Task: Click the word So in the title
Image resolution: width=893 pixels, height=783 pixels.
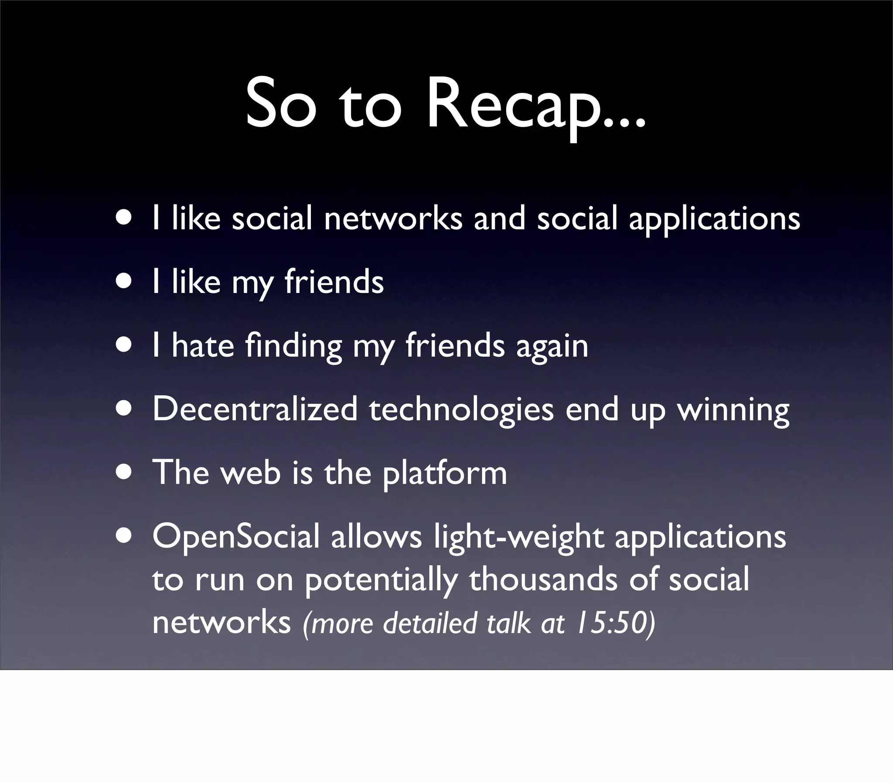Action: (280, 105)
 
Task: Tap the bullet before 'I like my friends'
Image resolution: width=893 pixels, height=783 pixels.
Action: (124, 282)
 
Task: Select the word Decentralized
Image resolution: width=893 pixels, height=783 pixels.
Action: (255, 409)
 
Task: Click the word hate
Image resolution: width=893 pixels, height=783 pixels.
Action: (203, 346)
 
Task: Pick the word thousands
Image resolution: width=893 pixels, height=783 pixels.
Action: (543, 579)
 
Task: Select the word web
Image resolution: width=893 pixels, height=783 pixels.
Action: (250, 473)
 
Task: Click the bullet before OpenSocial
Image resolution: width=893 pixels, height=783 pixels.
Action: (124, 536)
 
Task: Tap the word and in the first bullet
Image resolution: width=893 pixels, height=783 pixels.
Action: (499, 218)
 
